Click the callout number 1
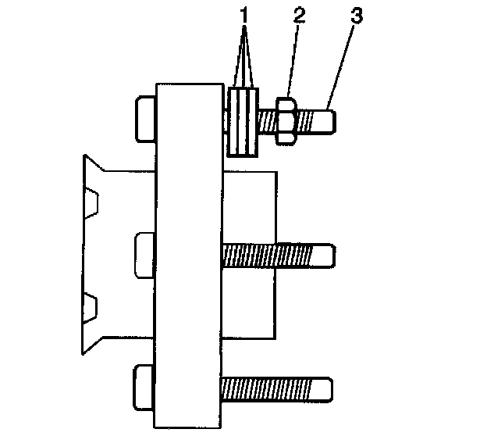point(245,14)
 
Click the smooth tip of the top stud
point(328,120)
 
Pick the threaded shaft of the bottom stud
point(269,388)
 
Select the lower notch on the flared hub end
point(93,306)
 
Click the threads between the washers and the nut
point(266,120)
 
